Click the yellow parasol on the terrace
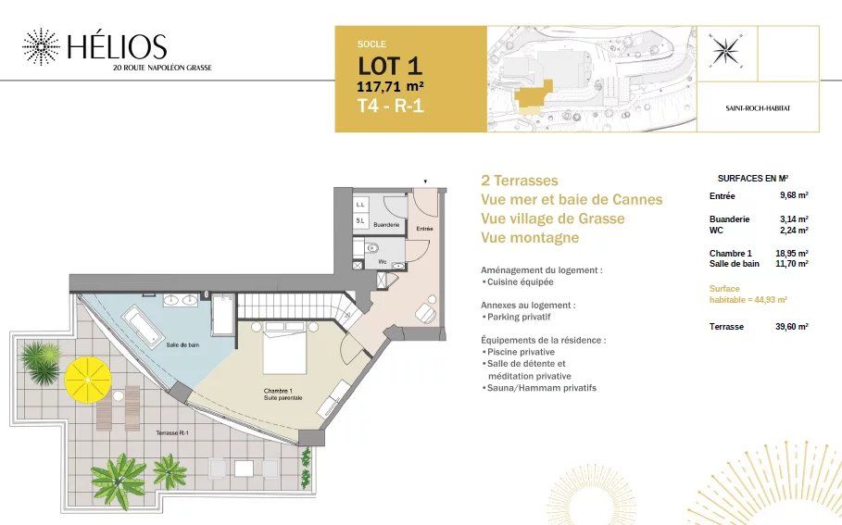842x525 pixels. [x=87, y=376]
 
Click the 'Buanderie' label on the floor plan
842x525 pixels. [x=386, y=225]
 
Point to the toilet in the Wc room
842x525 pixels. [x=371, y=249]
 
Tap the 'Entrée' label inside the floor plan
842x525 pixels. [x=425, y=228]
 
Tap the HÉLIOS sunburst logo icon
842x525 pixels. [x=40, y=46]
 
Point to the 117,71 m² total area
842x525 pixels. [x=392, y=86]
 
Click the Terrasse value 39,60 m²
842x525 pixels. [x=790, y=327]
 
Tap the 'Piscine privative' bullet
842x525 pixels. [x=521, y=352]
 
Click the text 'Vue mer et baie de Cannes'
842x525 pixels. [x=572, y=199]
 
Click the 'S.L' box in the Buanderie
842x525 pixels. [x=359, y=221]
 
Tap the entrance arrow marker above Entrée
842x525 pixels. [x=425, y=181]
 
